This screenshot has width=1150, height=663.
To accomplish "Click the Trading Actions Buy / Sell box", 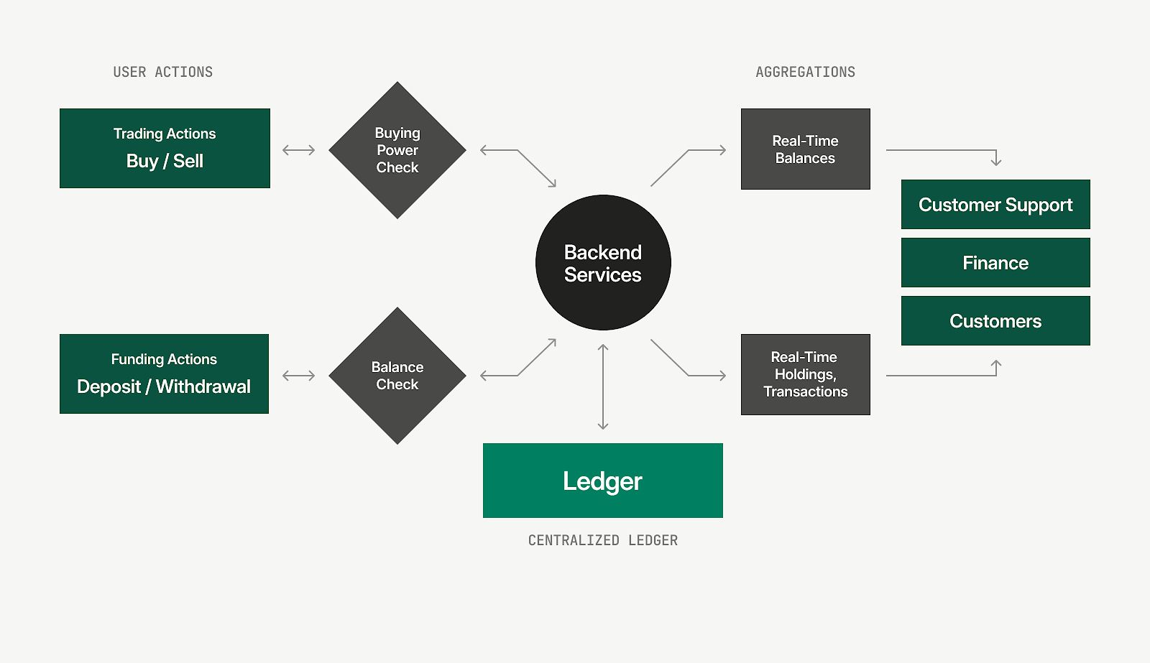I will click(x=165, y=149).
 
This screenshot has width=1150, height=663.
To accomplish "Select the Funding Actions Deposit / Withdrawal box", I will click(x=164, y=374).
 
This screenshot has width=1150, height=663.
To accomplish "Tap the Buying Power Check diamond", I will click(x=397, y=150).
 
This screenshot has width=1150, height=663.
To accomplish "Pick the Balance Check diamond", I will click(x=397, y=376).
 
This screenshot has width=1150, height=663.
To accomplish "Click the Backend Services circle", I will click(x=603, y=263).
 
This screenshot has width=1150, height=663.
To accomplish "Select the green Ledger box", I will click(x=602, y=481).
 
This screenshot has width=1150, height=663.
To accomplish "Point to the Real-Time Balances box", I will click(x=805, y=149).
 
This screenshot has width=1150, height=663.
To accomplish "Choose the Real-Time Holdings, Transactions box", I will click(x=805, y=374).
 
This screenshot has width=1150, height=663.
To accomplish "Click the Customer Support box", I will click(x=995, y=205).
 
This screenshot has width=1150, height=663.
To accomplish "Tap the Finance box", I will click(x=995, y=263).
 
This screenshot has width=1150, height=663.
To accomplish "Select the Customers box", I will click(x=995, y=321).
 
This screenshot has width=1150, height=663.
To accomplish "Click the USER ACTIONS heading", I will click(x=163, y=72).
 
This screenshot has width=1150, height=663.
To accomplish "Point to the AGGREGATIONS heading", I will click(x=805, y=72).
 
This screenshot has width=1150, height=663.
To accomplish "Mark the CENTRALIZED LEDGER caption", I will click(x=602, y=540).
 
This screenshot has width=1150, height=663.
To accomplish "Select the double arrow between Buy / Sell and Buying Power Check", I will click(x=299, y=150).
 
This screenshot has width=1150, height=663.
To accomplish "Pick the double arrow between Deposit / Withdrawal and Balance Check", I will click(x=299, y=376).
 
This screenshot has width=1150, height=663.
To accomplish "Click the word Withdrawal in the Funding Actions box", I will click(x=203, y=386).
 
